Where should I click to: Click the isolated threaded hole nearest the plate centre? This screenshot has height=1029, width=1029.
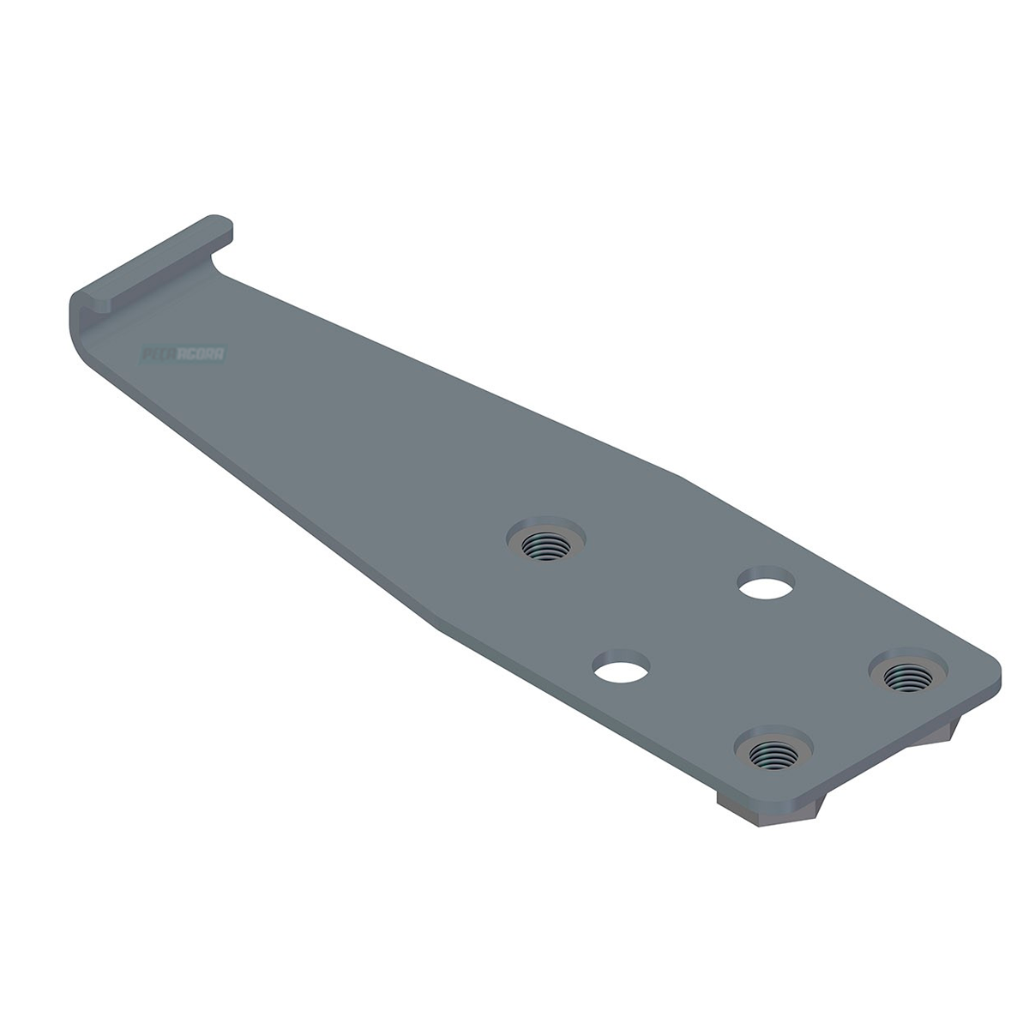coord(545,543)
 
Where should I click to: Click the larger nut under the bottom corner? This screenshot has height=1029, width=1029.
coord(763,809)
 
